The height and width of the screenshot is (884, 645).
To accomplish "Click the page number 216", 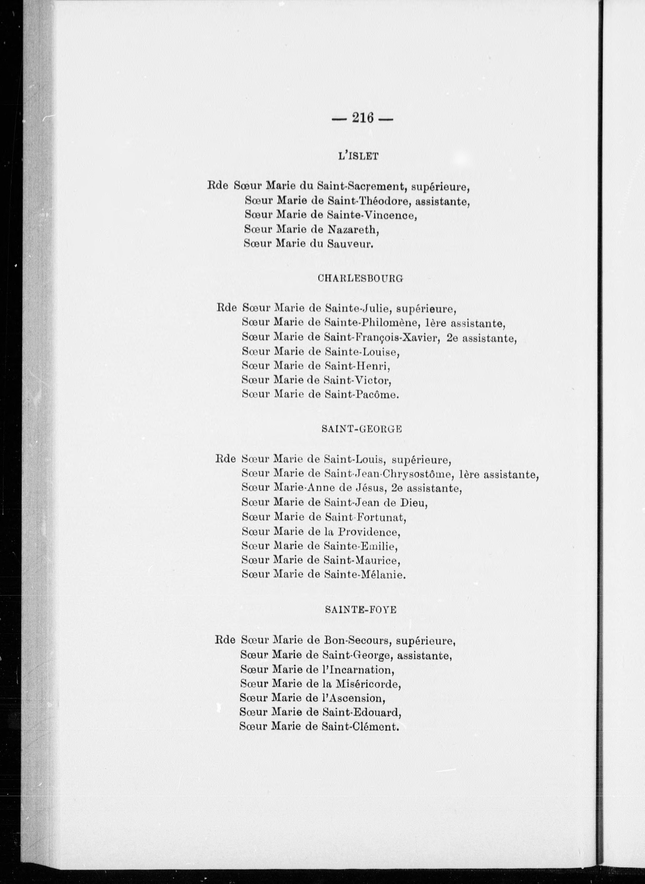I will coord(363,117).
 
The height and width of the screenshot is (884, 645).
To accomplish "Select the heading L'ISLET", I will coord(358,157).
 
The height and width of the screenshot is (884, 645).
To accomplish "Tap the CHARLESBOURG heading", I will coord(360,279).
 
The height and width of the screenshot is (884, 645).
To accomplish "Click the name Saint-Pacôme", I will coord(361,395).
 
